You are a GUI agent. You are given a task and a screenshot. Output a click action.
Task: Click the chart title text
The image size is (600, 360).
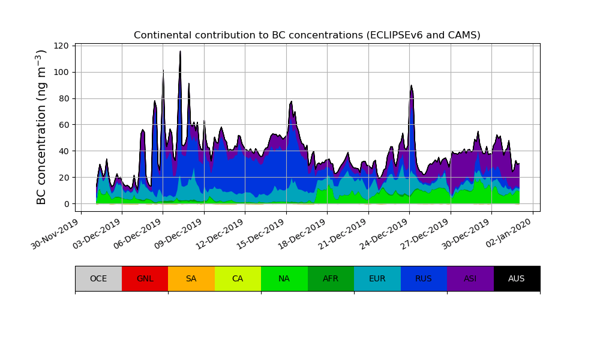click(x=307, y=35)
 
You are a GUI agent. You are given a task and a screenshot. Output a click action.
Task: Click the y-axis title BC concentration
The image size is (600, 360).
click(x=41, y=127)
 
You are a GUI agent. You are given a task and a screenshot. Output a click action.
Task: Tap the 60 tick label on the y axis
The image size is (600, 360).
click(x=65, y=125)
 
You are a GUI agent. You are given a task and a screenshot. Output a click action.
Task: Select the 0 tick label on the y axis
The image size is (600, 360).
click(x=67, y=204)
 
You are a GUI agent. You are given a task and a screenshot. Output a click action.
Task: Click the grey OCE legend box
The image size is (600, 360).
click(x=98, y=278)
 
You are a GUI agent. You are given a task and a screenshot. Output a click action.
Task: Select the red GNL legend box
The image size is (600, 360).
click(x=145, y=278)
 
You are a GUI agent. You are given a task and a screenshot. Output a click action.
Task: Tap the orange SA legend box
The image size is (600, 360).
click(x=191, y=278)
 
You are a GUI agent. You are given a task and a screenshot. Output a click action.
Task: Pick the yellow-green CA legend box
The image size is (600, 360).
click(x=238, y=278)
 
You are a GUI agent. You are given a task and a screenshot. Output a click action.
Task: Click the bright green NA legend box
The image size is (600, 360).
click(x=284, y=278)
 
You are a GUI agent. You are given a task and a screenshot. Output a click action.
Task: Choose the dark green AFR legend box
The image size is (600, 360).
click(x=331, y=278)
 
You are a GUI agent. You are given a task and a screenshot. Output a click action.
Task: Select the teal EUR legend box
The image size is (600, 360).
click(x=377, y=278)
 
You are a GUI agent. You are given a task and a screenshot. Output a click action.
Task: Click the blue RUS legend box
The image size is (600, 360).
click(x=424, y=278)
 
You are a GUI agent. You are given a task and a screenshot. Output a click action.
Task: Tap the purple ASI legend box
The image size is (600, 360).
click(x=470, y=278)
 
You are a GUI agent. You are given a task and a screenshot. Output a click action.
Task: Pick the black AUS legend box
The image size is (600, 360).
click(x=517, y=278)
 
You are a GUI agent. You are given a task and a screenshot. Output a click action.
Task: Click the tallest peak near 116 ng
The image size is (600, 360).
click(x=180, y=52)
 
